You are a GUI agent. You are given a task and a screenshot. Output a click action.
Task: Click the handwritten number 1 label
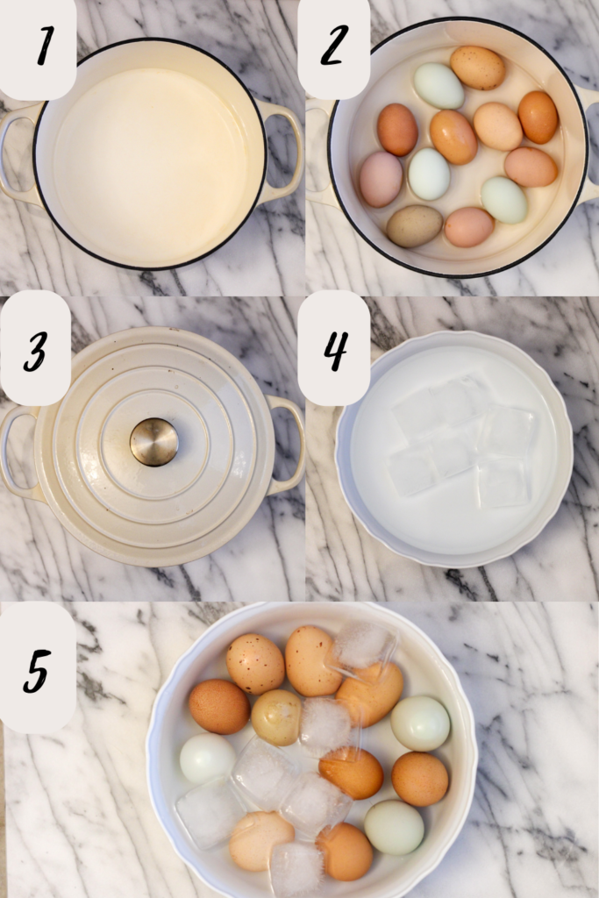[x=46, y=46]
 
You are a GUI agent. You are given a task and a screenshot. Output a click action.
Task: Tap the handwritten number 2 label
[x=334, y=45]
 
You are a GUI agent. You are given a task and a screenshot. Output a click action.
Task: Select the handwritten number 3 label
[x=34, y=350]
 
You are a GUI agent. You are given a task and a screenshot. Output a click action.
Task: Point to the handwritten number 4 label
[x=336, y=351]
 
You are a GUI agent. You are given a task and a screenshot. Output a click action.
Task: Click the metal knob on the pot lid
[x=154, y=442]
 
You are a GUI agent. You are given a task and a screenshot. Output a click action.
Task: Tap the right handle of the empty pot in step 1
[x=283, y=151]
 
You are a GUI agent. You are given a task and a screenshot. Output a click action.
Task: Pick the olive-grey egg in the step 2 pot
[x=415, y=226]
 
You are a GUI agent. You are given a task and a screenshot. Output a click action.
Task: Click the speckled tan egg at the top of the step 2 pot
[x=478, y=68]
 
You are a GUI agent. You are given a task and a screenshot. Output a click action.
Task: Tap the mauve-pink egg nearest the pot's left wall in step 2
[x=381, y=179]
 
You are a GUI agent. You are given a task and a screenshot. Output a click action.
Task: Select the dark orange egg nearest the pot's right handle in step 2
[x=538, y=117]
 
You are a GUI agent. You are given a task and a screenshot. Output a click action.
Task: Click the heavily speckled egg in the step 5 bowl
[x=255, y=663]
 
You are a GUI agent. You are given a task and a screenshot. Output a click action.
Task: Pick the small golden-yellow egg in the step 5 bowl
[x=276, y=717]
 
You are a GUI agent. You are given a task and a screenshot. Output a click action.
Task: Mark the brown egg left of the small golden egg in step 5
[x=219, y=707]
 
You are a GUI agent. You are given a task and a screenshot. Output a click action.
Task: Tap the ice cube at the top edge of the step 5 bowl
[x=365, y=646]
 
